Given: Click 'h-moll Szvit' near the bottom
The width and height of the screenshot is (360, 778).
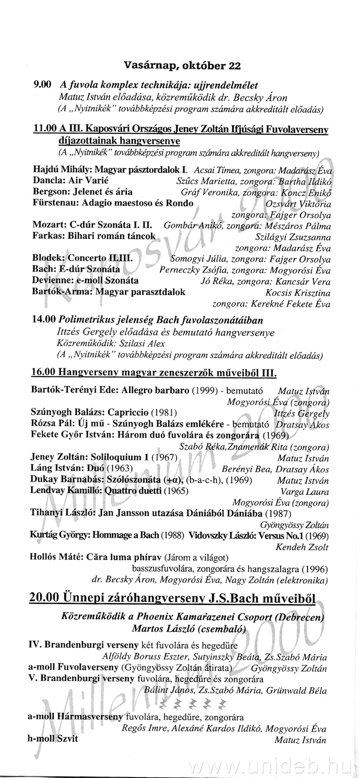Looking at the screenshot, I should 53,738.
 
